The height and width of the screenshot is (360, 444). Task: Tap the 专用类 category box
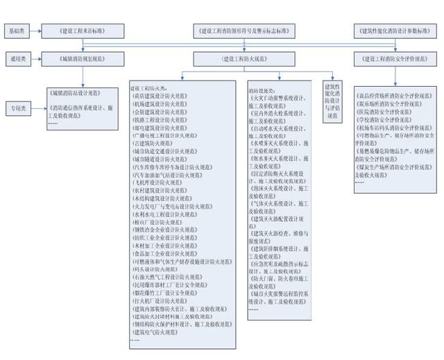[x=17, y=109]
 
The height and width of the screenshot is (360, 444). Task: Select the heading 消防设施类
[x=262, y=91]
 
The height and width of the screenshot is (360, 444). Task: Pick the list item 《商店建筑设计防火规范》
[x=158, y=96]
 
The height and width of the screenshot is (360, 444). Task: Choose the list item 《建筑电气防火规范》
[x=156, y=332]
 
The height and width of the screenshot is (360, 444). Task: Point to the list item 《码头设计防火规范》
[x=156, y=268]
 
